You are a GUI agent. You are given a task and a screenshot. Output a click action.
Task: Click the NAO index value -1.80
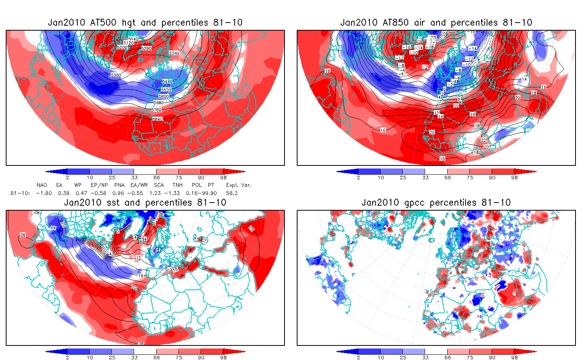coord(44,193)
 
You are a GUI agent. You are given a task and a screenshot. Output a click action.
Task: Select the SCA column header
coord(159,185)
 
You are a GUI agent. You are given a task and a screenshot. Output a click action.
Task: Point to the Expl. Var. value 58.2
coord(232,193)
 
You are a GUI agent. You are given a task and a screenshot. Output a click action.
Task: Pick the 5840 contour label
coord(157,119)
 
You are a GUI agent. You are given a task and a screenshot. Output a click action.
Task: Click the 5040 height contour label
coord(133,39)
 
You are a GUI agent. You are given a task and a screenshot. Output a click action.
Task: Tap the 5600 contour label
coord(163,97)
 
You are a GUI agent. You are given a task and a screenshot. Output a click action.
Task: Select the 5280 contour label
coord(146,49)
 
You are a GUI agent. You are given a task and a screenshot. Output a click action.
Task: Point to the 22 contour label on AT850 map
coord(484,140)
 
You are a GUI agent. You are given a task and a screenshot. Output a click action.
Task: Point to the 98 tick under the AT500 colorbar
coord(223,178)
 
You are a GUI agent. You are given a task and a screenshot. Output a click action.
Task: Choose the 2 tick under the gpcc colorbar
coord(358,358)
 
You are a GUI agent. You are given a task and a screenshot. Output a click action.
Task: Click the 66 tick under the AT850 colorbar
coord(448,178)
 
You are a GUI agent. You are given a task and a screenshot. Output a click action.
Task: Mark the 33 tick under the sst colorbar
coord(134,358)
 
